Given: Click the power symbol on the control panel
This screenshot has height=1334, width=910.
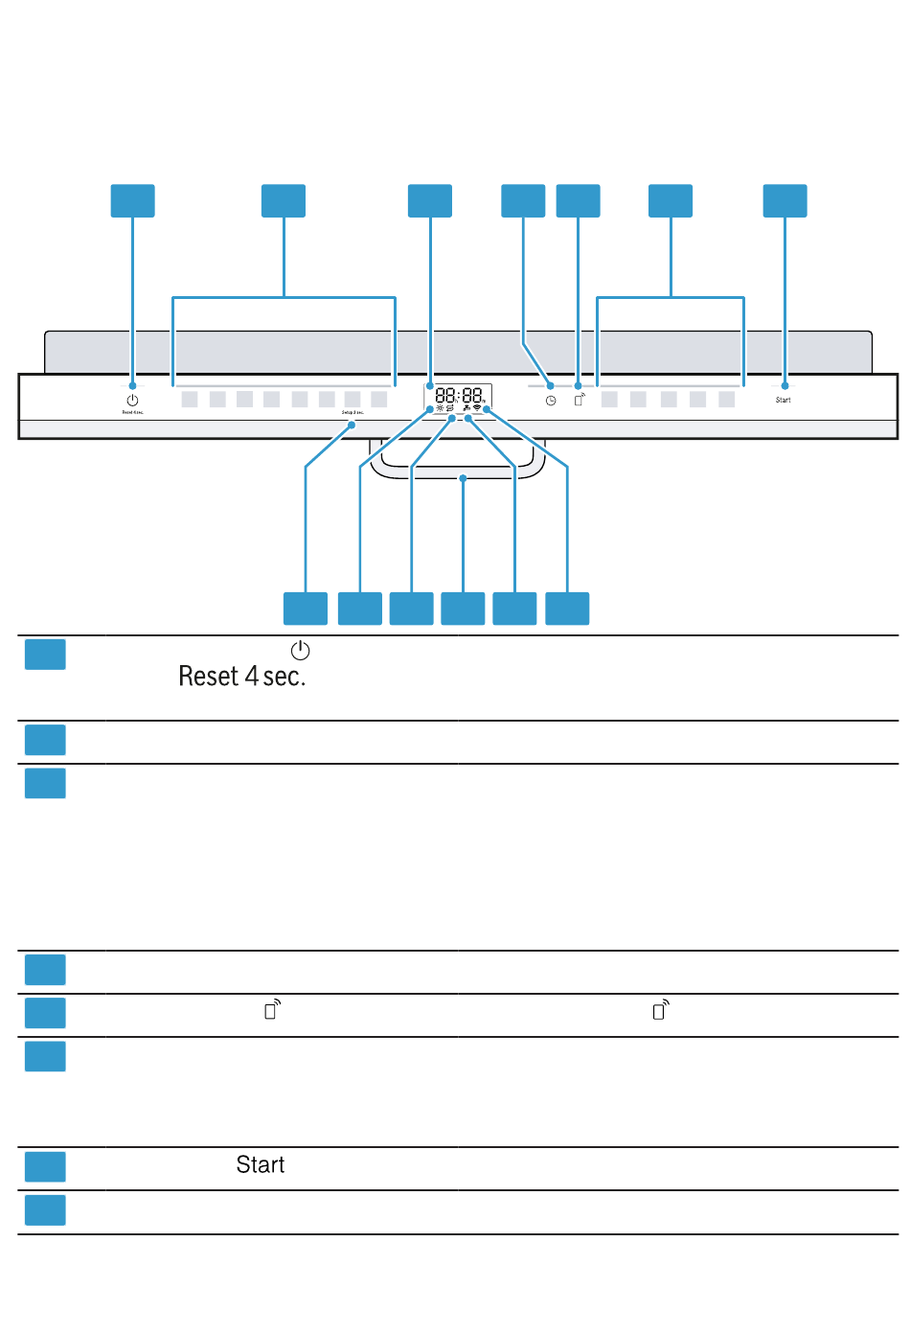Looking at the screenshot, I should pyautogui.click(x=132, y=400).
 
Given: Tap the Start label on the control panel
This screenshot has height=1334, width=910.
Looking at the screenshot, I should pyautogui.click(x=784, y=400).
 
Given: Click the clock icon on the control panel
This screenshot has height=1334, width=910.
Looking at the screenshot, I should pyautogui.click(x=551, y=401).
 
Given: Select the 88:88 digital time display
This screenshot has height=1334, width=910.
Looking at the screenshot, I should pyautogui.click(x=459, y=395).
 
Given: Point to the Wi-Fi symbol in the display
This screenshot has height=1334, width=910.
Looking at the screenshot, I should pyautogui.click(x=477, y=408).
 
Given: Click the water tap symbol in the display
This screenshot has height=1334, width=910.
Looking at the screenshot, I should pyautogui.click(x=466, y=408).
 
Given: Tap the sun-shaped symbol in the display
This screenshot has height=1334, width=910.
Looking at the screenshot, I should pyautogui.click(x=440, y=408).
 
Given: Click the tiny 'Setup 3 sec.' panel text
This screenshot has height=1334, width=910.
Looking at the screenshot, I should pyautogui.click(x=353, y=412).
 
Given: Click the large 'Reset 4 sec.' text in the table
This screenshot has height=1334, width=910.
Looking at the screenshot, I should pyautogui.click(x=242, y=677).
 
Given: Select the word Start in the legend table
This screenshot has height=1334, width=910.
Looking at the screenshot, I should pyautogui.click(x=261, y=1164).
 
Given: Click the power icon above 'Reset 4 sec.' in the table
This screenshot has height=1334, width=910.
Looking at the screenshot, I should pyautogui.click(x=301, y=651).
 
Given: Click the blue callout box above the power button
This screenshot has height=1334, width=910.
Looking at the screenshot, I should pyautogui.click(x=133, y=201).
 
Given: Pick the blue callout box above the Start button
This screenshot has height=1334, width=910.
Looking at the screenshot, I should pyautogui.click(x=785, y=201).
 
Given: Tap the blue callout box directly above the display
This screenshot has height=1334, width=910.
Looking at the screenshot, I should pyautogui.click(x=430, y=201).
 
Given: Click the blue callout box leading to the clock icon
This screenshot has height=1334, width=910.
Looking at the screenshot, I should pyautogui.click(x=523, y=201).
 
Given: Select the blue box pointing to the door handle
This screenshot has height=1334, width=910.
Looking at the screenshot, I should pyautogui.click(x=463, y=609).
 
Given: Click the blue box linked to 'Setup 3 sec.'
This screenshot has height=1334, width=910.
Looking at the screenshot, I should pyautogui.click(x=306, y=609).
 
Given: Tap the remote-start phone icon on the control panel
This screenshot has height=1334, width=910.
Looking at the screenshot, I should pyautogui.click(x=580, y=399).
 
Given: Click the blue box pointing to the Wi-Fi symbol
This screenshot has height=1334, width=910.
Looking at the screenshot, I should pyautogui.click(x=567, y=609).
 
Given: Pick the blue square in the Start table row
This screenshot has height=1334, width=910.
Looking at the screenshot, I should pyautogui.click(x=45, y=1166).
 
